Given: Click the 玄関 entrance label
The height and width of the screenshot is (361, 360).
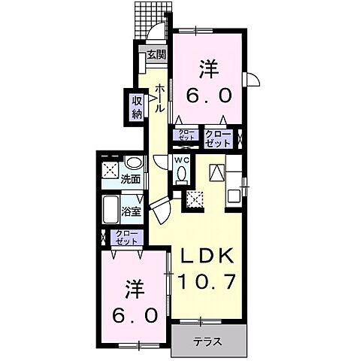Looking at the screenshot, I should pyautogui.click(x=156, y=54).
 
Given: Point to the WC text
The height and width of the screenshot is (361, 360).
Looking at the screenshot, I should pyautogui.click(x=183, y=160).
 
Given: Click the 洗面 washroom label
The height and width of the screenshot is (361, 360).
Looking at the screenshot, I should pyautogui.click(x=132, y=180).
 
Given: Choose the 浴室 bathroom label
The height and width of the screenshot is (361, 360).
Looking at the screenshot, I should pyautogui.click(x=132, y=211).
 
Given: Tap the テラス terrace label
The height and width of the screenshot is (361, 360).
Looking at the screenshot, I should pyautogui.click(x=207, y=341).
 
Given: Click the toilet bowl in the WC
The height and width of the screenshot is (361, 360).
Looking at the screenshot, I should pyautogui.click(x=182, y=174).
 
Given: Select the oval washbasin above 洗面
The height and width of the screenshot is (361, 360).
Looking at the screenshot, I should pyautogui.click(x=133, y=165).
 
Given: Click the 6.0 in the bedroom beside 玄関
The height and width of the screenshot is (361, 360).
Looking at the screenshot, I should pyautogui.click(x=210, y=96).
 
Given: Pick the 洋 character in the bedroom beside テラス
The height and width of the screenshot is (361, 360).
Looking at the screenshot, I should pyautogui.click(x=135, y=287).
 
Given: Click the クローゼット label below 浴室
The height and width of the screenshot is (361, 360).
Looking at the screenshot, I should pyautogui.click(x=125, y=238).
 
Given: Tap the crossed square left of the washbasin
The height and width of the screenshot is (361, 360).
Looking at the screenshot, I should pyautogui.click(x=110, y=168).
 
